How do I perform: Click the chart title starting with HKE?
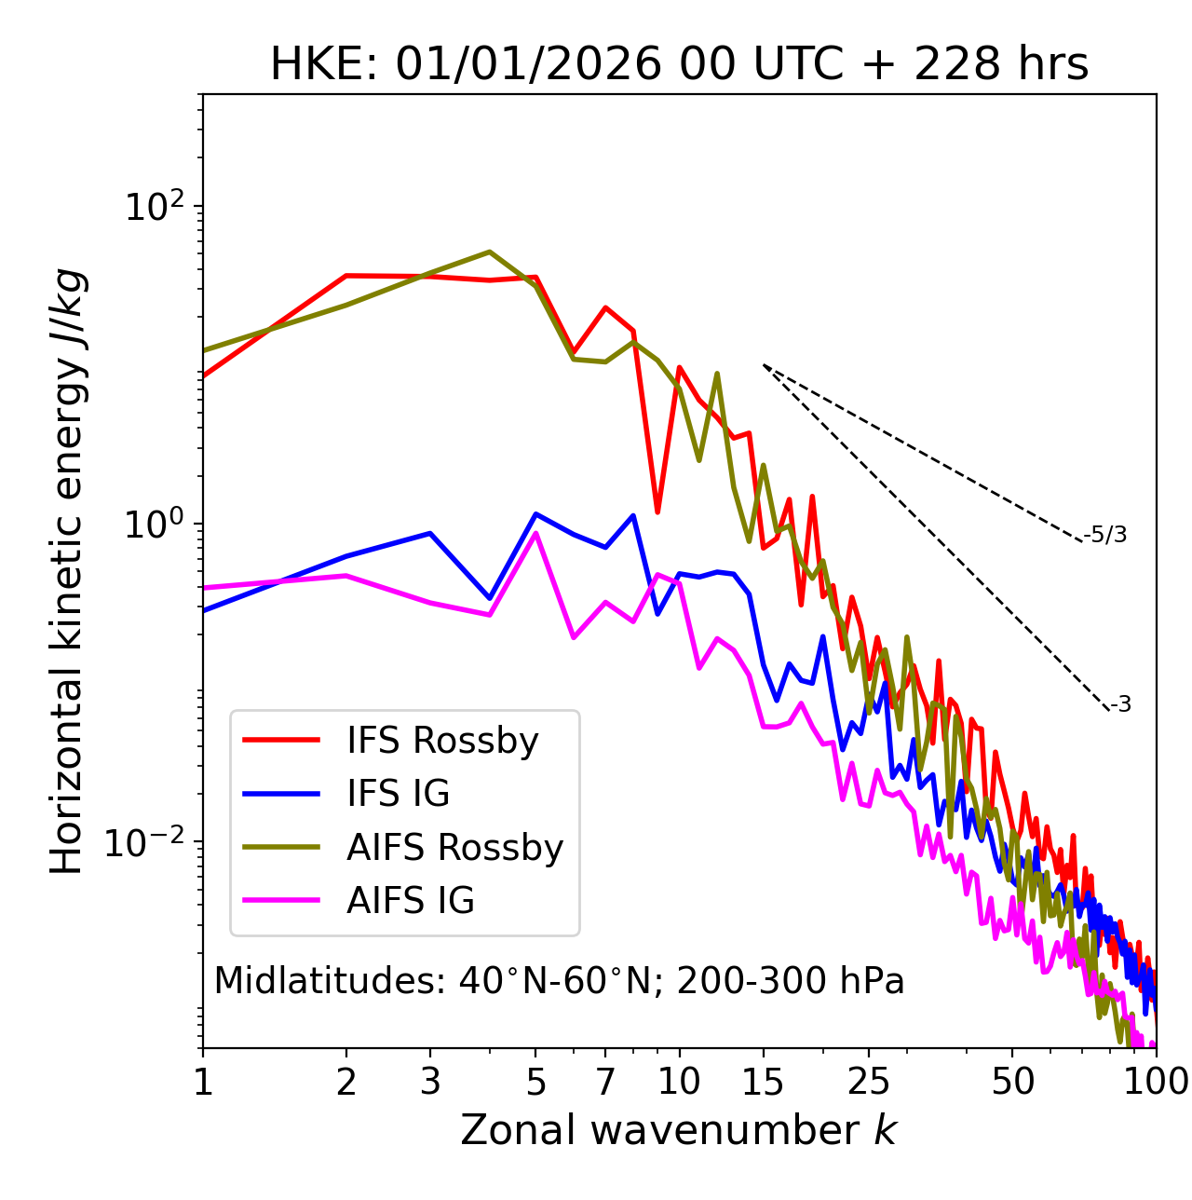[x=679, y=64]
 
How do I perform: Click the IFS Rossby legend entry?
[x=442, y=741]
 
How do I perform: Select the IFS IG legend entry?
[x=398, y=794]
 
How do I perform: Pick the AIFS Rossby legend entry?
[x=454, y=848]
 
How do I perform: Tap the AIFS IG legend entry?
[x=410, y=901]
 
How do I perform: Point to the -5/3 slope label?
[x=1105, y=535]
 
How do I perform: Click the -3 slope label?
[x=1120, y=705]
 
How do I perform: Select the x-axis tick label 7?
[x=605, y=1082]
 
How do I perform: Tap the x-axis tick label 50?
[x=1013, y=1082]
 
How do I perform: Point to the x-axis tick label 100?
[x=1156, y=1082]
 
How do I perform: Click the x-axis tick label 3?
[x=430, y=1082]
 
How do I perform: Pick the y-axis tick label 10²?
[x=155, y=207]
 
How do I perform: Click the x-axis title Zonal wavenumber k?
[x=679, y=1130]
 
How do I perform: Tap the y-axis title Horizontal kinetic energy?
[x=67, y=571]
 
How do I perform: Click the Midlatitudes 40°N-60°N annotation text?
[x=559, y=981]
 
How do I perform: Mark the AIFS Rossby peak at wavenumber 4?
[x=490, y=252]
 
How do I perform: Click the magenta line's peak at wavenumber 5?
[x=535, y=533]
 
